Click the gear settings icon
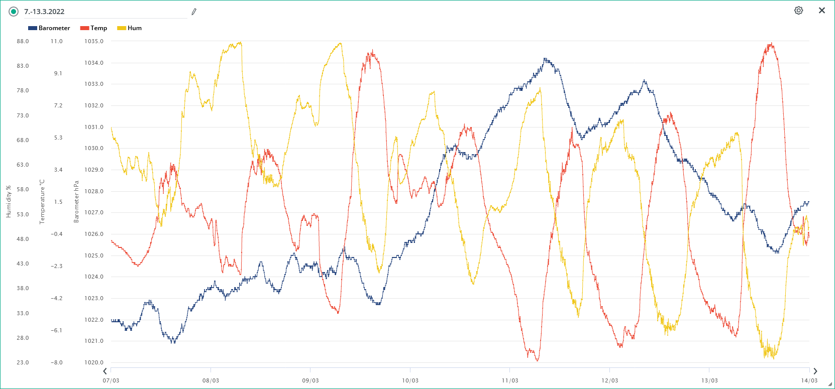[x=798, y=11]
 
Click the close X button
[x=822, y=11]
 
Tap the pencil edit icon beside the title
[x=194, y=12]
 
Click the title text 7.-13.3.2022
[x=44, y=12]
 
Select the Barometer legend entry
[x=49, y=28]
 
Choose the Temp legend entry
[x=93, y=28]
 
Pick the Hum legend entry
[x=129, y=28]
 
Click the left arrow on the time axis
[x=105, y=371]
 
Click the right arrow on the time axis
[x=815, y=371]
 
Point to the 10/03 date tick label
[x=410, y=380]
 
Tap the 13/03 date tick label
[x=709, y=380]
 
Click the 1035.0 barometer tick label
[x=94, y=41]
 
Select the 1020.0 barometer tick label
[x=94, y=362]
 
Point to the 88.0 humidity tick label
[x=23, y=41]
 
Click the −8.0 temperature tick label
[x=57, y=362]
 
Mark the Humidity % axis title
[x=9, y=201]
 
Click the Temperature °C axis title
[x=42, y=202]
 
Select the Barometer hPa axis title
[x=76, y=202]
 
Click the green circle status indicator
[x=14, y=12]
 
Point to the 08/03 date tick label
[x=211, y=380]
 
